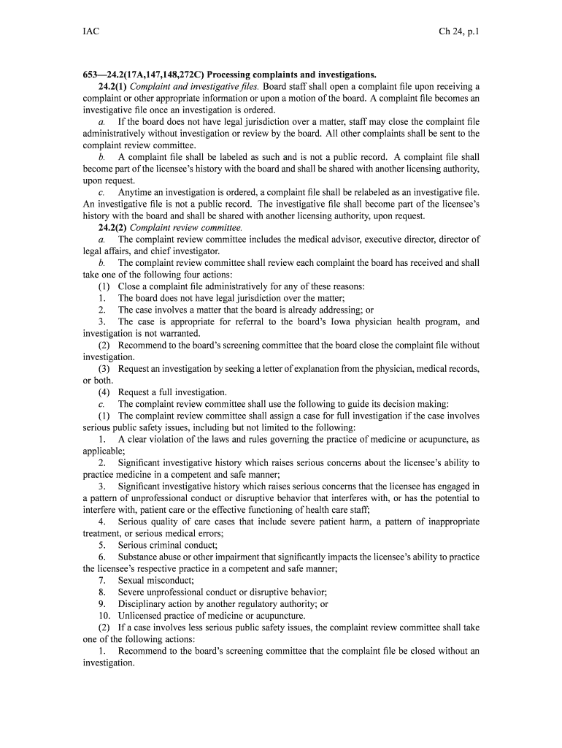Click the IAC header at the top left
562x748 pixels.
click(x=91, y=32)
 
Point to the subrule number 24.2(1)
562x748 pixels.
click(x=112, y=86)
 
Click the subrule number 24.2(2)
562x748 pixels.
click(x=112, y=227)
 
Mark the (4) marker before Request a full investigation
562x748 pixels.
click(x=104, y=392)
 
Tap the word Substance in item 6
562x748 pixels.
click(x=139, y=557)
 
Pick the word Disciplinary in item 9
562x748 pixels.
click(x=142, y=604)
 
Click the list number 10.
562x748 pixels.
click(x=104, y=616)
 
